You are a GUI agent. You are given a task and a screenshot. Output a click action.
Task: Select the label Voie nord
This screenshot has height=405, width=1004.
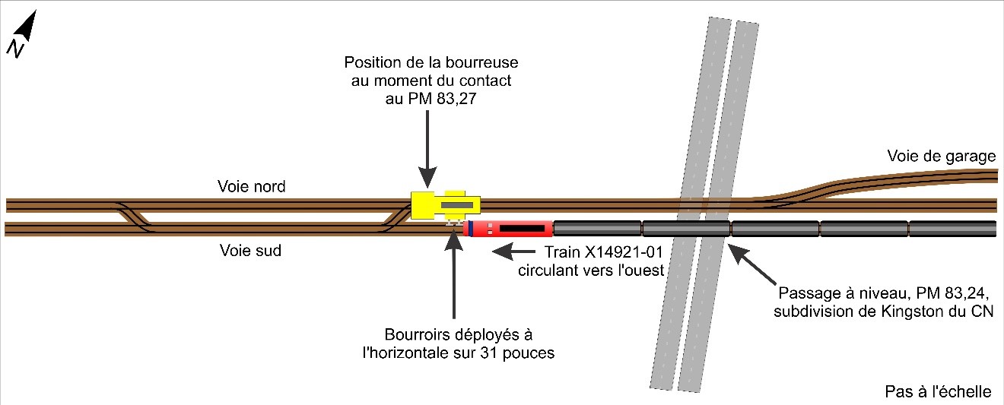[252, 187]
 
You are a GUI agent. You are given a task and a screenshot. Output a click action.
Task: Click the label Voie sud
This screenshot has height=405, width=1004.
[250, 250]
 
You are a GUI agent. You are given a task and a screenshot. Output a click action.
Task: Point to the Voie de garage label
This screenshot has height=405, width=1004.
[941, 157]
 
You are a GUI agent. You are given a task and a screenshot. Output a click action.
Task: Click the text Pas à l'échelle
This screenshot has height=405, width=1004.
[939, 392]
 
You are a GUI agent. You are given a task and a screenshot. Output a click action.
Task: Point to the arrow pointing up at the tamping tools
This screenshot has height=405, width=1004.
[453, 274]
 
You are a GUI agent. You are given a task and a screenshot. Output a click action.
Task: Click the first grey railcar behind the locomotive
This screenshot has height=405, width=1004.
[597, 228]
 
